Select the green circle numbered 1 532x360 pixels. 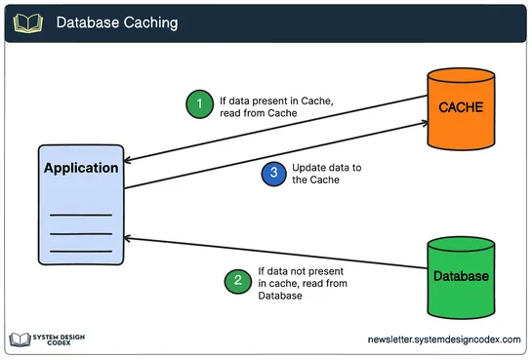pos(199,104)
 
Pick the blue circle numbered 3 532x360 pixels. pos(274,174)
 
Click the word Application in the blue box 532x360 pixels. pos(81,168)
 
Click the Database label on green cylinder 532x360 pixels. pos(461,276)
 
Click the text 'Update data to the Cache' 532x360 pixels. pos(326,174)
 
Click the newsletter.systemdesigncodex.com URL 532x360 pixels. pos(444,339)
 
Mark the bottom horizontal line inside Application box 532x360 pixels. pos(80,252)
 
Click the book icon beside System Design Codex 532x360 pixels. pos(20,339)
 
